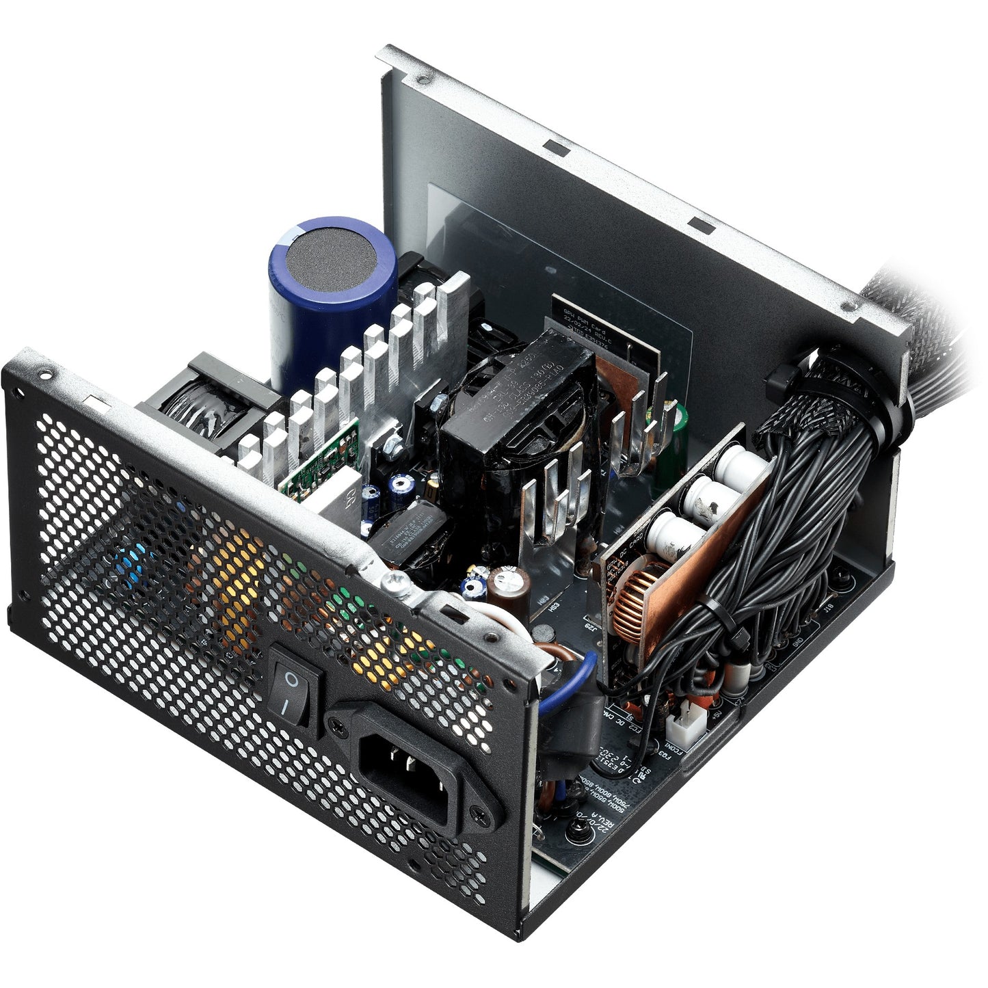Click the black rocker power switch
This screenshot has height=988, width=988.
click(295, 684)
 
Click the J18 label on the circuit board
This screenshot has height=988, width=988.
click(829, 607)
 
